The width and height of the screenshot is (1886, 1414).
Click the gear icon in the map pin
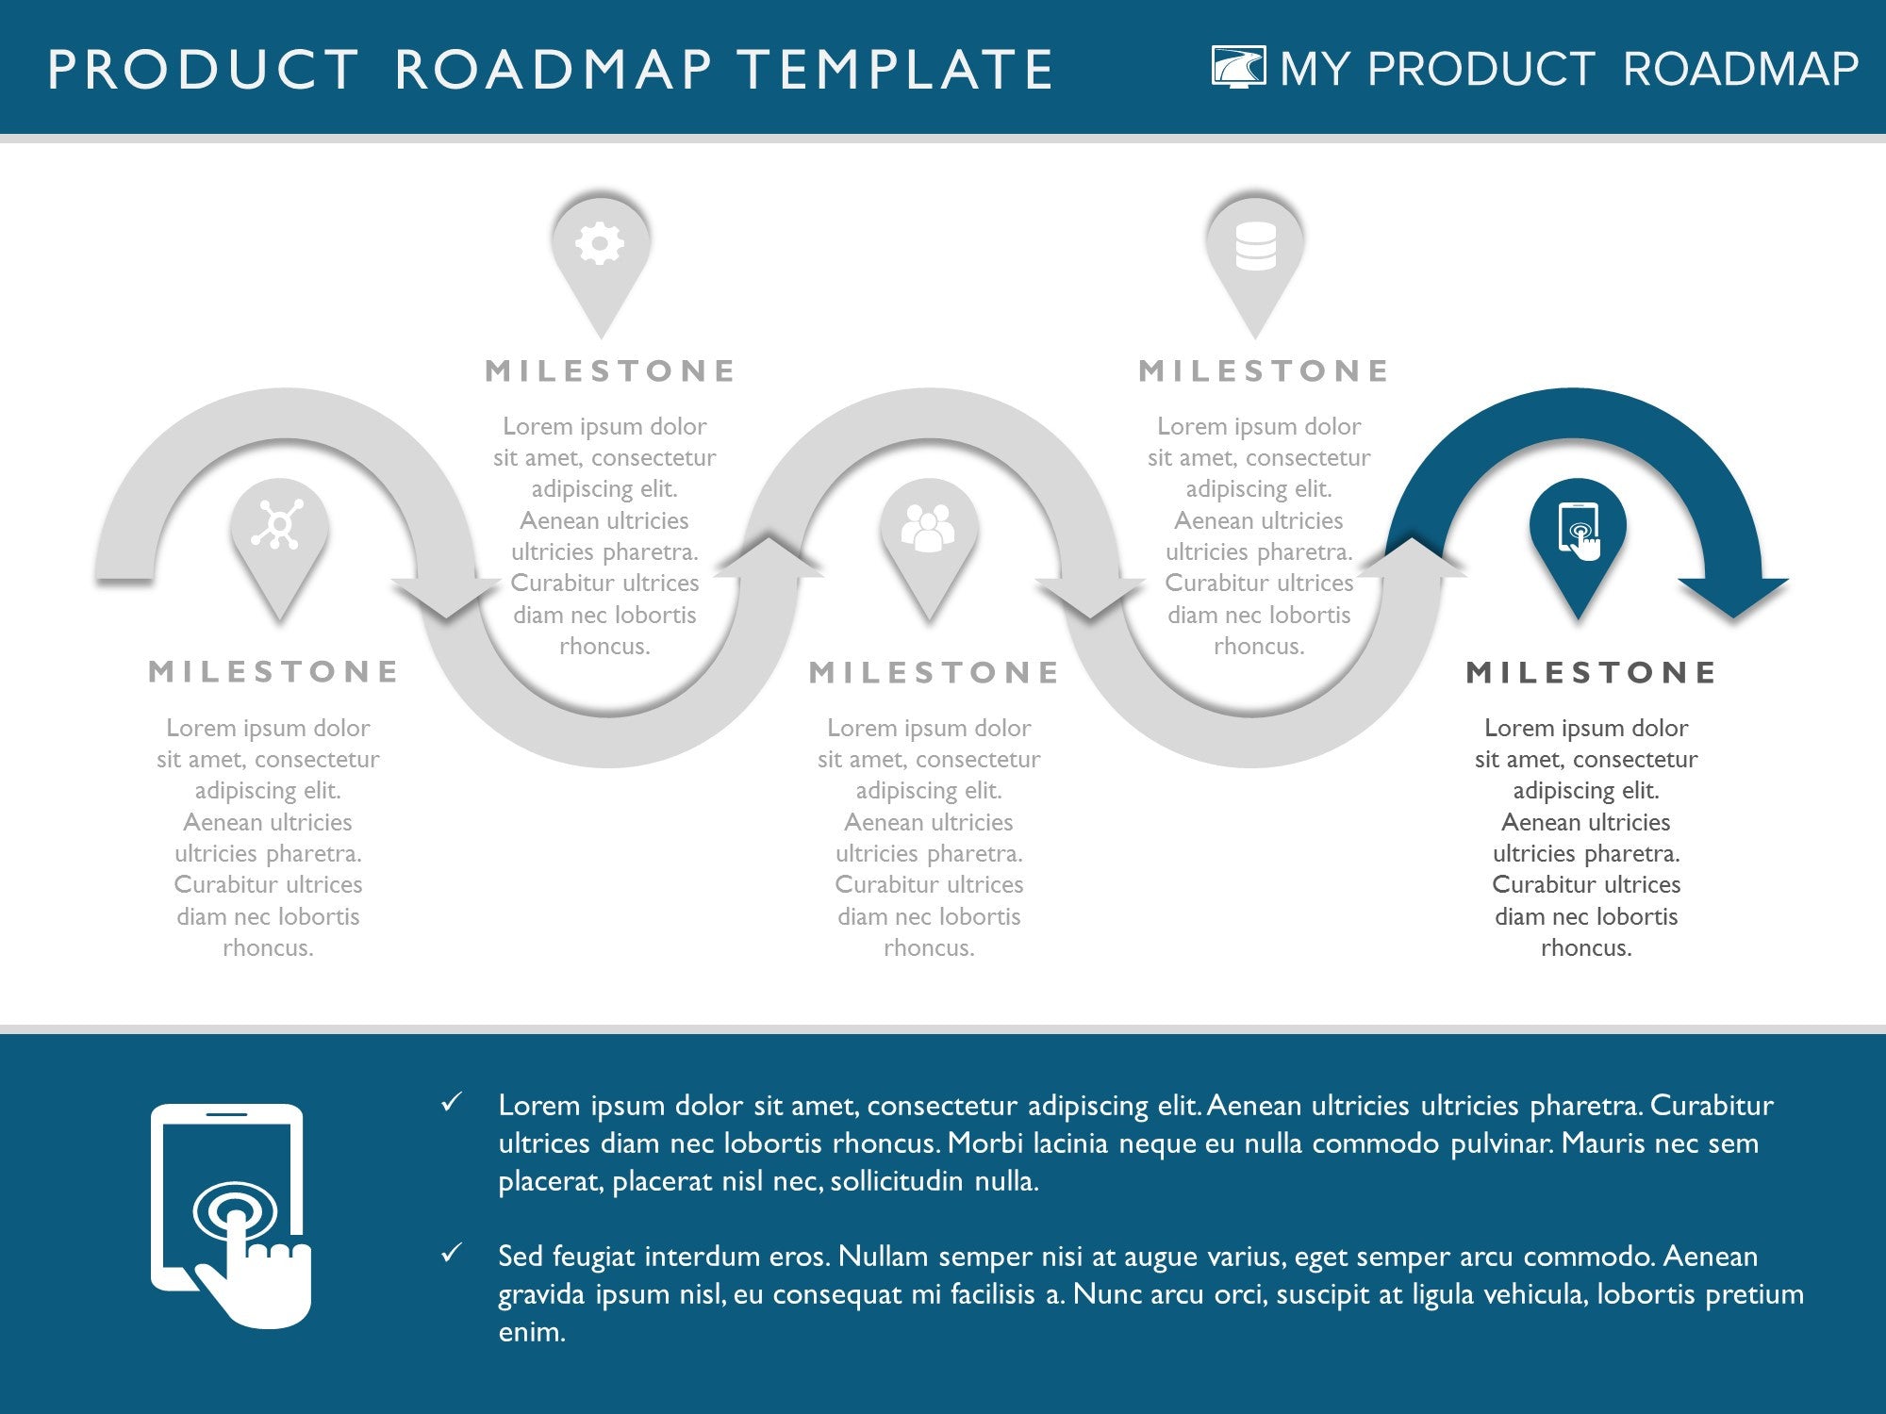600,244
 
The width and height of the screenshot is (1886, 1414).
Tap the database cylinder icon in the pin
1255,246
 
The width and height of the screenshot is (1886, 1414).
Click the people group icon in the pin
928,527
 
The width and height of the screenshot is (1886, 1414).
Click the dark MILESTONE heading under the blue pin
1592,672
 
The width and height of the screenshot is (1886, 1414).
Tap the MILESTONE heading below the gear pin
610,370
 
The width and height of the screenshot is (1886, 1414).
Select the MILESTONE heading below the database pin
1264,370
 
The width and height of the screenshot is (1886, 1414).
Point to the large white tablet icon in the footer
231,1215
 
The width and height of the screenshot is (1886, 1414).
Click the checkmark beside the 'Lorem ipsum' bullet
452,1101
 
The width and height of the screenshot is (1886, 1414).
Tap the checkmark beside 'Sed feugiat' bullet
452,1252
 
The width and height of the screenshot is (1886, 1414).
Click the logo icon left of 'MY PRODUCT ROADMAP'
1239,67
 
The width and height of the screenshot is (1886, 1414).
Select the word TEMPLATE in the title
894,70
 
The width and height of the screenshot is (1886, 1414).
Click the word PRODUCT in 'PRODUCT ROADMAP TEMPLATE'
203,70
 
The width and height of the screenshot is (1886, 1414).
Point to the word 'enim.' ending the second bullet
532,1331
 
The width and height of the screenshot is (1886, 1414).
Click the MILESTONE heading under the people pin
934,672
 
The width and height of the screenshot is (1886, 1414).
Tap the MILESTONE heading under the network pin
273,671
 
